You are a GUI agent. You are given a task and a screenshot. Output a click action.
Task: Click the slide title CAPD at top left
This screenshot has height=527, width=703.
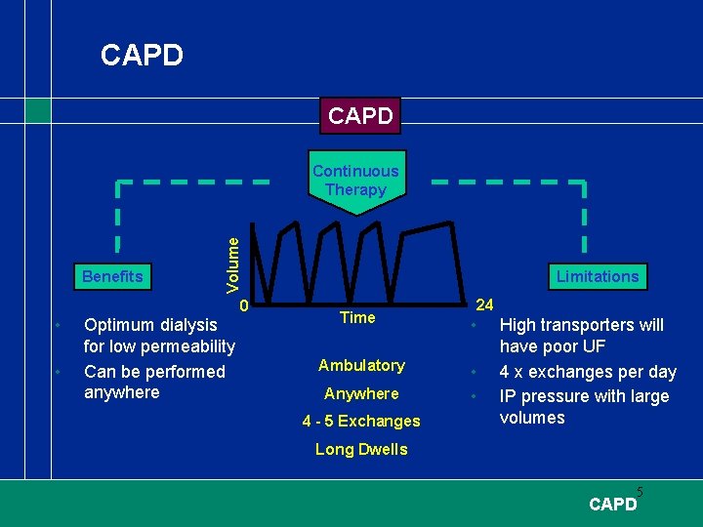[x=142, y=56]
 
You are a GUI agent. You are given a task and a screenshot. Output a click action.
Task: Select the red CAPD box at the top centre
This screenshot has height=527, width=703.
[x=360, y=116]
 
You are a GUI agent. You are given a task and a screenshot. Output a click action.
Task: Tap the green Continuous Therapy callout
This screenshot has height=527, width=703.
[x=355, y=181]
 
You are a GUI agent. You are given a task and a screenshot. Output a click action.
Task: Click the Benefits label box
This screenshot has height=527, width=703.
[x=112, y=276]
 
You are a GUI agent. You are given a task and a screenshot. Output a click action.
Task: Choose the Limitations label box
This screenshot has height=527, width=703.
[x=597, y=276]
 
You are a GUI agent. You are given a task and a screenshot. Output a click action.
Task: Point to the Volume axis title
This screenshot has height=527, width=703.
[x=232, y=255]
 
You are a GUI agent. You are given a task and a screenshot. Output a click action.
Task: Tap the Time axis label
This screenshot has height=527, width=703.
[x=357, y=317]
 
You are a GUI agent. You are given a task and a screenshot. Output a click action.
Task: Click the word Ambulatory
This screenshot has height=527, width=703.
[x=361, y=365]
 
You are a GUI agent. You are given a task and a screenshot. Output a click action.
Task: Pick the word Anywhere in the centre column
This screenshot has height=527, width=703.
[x=361, y=393]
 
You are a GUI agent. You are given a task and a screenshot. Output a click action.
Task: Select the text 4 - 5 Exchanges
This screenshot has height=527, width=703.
[x=361, y=422]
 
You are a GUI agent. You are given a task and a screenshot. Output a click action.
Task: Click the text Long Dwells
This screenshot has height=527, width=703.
[x=361, y=450]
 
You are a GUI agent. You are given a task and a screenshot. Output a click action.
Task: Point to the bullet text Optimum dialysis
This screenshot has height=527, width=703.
[x=151, y=325]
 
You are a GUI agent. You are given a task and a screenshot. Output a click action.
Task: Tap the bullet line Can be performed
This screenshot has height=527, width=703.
[x=154, y=372]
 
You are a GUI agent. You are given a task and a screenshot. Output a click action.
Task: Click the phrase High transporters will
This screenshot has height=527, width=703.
[x=581, y=325]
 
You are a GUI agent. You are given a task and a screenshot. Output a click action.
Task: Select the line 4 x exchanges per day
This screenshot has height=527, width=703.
[x=588, y=372]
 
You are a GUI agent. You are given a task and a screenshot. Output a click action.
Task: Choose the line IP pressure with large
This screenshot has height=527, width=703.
[x=584, y=396]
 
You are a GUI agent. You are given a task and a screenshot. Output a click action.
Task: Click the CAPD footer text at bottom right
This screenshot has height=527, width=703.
[x=612, y=505]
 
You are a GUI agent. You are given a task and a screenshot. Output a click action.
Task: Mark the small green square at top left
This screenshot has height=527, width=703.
[x=37, y=111]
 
